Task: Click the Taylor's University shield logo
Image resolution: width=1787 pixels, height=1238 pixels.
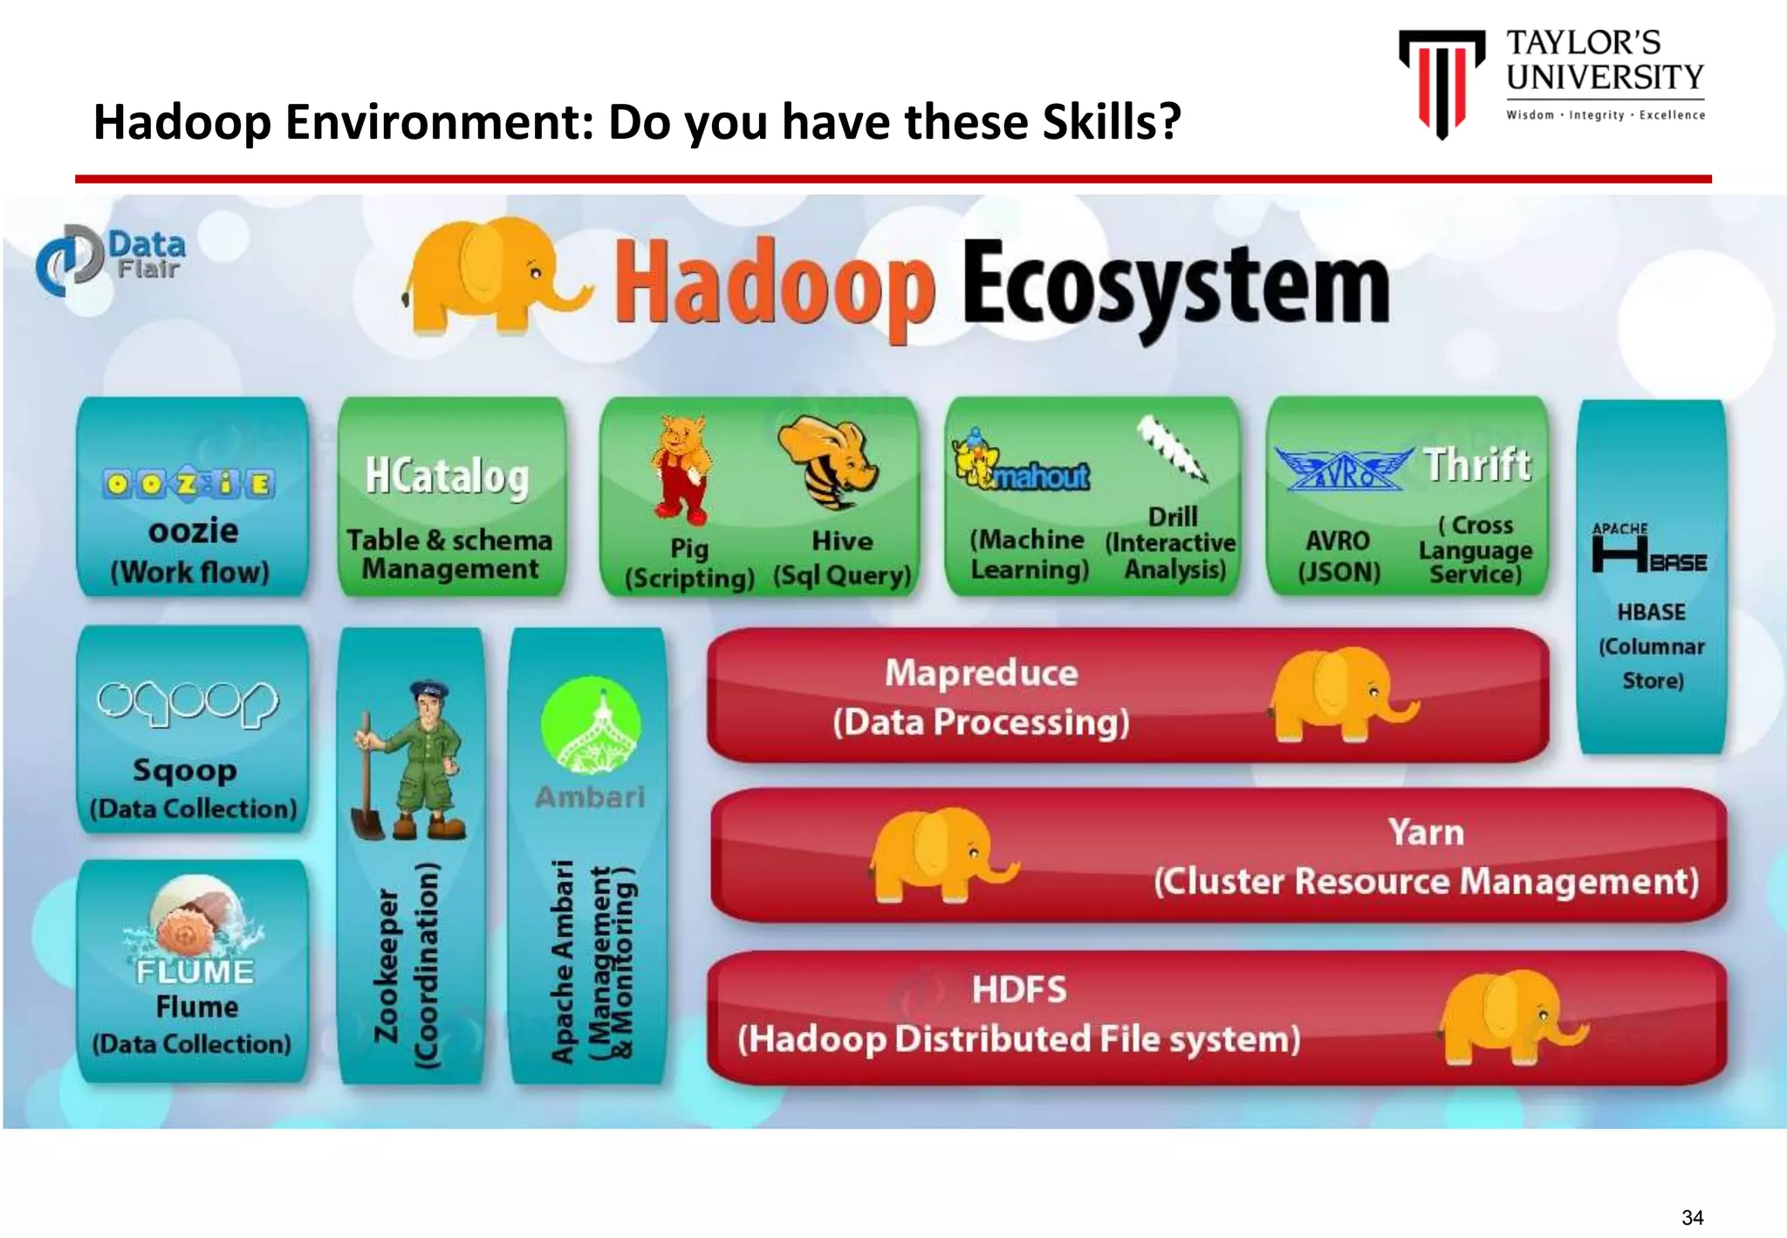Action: coord(1441,83)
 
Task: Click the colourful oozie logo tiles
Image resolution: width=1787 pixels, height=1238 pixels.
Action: coord(189,484)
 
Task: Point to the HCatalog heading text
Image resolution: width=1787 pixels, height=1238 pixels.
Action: coord(447,477)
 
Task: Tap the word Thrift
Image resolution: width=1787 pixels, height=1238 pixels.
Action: coord(1477,464)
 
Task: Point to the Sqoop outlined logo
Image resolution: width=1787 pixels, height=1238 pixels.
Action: coord(188,703)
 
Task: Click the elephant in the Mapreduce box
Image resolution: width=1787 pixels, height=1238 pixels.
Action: coord(1339,694)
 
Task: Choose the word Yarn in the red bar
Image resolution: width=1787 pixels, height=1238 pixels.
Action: coord(1426,832)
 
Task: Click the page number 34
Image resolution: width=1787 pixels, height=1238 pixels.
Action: coord(1693,1217)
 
